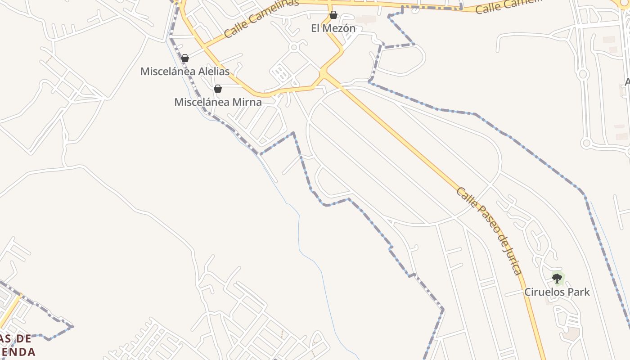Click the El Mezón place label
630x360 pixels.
(x=333, y=28)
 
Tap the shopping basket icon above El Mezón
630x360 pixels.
(x=333, y=15)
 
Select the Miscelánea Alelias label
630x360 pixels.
(x=184, y=71)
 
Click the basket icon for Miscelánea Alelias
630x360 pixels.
(x=185, y=58)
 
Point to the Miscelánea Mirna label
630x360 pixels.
(x=218, y=102)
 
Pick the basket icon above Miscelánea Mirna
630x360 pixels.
(x=218, y=89)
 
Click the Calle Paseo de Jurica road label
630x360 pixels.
(x=489, y=230)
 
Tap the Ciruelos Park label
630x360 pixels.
(x=557, y=292)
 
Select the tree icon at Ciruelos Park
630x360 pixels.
(x=557, y=278)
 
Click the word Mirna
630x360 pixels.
(x=247, y=102)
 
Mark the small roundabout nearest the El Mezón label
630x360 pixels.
(x=294, y=47)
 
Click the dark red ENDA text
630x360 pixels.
(x=18, y=351)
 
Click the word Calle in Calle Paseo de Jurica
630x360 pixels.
(x=464, y=197)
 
